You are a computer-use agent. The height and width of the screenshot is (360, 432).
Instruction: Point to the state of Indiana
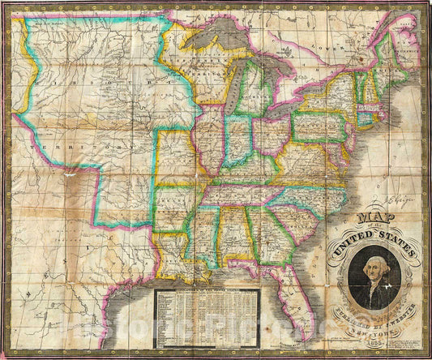pos(237,139)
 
